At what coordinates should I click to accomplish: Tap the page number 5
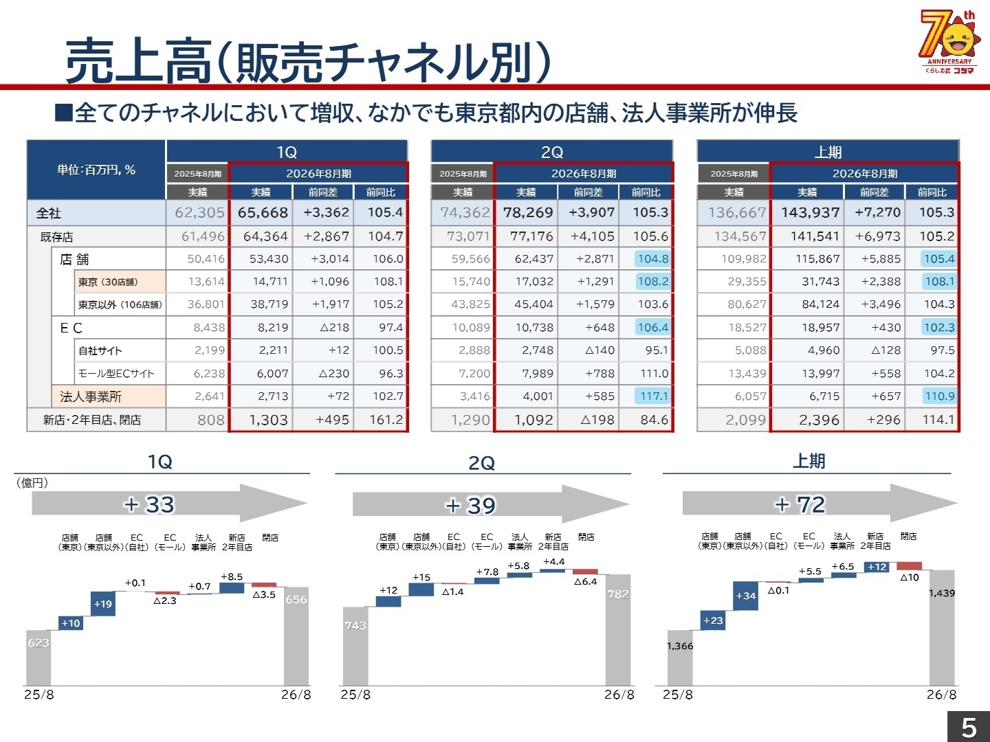969,727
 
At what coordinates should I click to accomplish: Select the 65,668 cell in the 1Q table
262,213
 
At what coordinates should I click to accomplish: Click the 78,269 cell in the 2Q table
527,213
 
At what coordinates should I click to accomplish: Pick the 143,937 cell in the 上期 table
809,213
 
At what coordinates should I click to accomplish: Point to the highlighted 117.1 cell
652,396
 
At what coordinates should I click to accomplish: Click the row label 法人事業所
91,396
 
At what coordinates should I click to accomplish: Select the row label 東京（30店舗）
108,282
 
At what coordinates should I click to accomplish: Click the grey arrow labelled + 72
819,504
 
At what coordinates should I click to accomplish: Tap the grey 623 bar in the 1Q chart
38,657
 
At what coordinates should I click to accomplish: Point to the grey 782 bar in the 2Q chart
617,629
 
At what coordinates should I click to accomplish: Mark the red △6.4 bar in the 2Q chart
585,572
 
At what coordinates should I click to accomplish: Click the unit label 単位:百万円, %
96,170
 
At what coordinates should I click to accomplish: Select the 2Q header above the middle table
551,152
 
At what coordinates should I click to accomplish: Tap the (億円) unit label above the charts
32,483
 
